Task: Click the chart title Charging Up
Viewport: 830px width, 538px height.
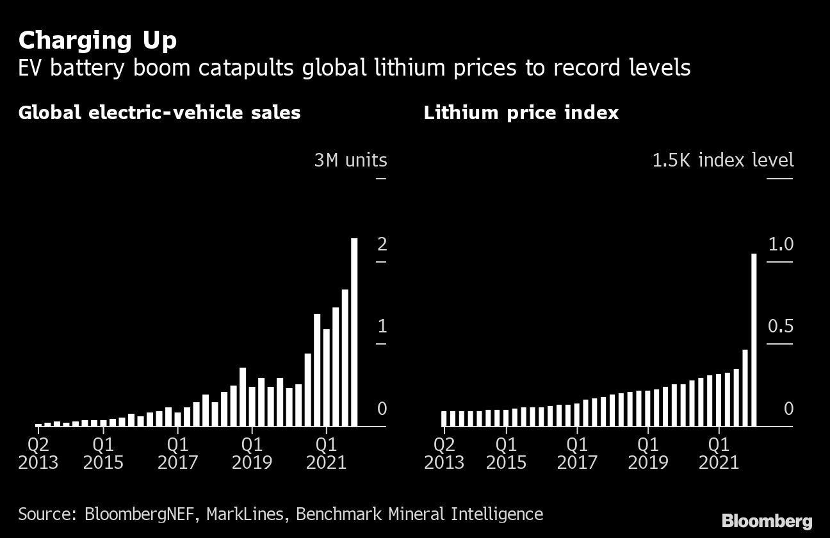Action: pyautogui.click(x=97, y=40)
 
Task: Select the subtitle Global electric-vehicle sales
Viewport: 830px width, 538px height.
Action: pyautogui.click(x=159, y=113)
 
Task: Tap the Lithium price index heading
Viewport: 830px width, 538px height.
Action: pyautogui.click(x=521, y=113)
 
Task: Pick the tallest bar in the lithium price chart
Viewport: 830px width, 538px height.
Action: pyautogui.click(x=754, y=339)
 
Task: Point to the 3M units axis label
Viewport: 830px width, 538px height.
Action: pyautogui.click(x=350, y=159)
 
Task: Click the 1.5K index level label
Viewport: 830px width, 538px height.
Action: pyautogui.click(x=722, y=159)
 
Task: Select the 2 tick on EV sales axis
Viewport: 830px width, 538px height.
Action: pyautogui.click(x=382, y=244)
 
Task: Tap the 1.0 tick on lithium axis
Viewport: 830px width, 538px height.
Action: pyautogui.click(x=780, y=244)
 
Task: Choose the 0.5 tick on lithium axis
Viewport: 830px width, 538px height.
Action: pyautogui.click(x=780, y=327)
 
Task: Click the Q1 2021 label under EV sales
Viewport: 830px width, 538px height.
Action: pyautogui.click(x=326, y=452)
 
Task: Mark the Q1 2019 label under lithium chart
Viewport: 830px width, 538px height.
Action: pyautogui.click(x=648, y=452)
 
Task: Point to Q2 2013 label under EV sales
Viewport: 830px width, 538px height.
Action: pyautogui.click(x=38, y=452)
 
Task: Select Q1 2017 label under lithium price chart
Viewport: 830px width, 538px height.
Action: pyautogui.click(x=577, y=452)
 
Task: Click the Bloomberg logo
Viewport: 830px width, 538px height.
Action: pyautogui.click(x=767, y=520)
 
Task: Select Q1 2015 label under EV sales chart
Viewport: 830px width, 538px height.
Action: pyautogui.click(x=103, y=452)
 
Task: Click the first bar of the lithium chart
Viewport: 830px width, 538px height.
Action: pyautogui.click(x=444, y=418)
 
